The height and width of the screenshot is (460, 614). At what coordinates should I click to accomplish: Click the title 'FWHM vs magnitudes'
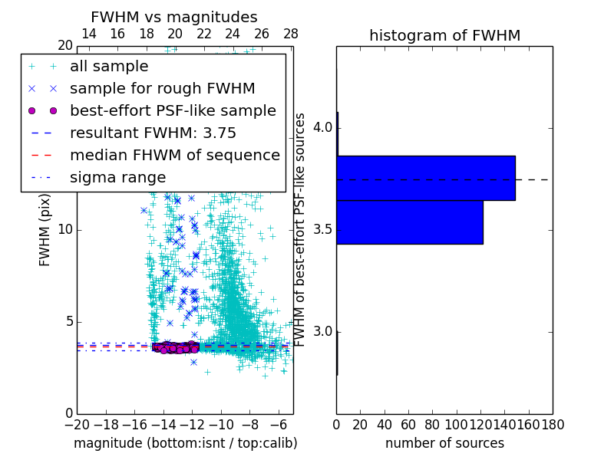tap(173, 17)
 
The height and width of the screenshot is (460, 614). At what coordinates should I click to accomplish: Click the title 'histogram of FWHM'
tap(444, 35)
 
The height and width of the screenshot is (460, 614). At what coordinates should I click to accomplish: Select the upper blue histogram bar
tap(425, 178)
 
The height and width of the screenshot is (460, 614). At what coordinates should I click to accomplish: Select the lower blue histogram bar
tap(409, 222)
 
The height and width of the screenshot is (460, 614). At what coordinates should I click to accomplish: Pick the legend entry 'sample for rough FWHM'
tap(162, 88)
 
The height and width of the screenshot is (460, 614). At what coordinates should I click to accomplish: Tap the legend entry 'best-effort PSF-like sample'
tap(173, 110)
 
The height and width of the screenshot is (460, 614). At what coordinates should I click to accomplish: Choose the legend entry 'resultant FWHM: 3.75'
tap(153, 133)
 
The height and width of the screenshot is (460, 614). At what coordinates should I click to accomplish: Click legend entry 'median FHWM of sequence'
tap(174, 155)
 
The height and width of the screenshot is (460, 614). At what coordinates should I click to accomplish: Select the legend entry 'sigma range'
tap(117, 177)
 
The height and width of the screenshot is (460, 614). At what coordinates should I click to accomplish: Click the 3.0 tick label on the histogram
tap(322, 332)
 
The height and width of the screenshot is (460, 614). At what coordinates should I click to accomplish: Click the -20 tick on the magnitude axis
tap(77, 423)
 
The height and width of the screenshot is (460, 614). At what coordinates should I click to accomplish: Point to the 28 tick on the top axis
tap(291, 34)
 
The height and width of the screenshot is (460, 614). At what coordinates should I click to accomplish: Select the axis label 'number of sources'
tap(444, 443)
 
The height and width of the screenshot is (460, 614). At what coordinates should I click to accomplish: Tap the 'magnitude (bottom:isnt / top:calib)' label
tap(185, 443)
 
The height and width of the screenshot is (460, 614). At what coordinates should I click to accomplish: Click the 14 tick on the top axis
tap(88, 34)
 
